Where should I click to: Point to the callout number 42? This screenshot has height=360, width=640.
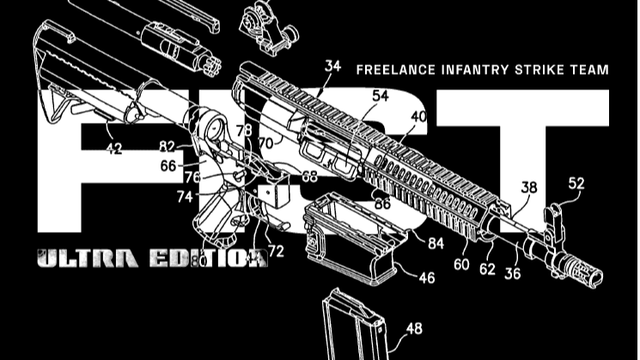pos(113,149)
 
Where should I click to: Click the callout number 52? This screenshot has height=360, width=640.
pos(575,183)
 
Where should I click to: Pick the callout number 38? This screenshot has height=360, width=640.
pos(529,186)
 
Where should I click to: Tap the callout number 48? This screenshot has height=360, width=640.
pos(414,328)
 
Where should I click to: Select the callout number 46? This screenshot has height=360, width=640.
pos(426,278)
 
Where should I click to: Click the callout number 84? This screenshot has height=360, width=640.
pos(436,244)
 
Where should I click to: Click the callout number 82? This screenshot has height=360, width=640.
pos(167,147)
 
